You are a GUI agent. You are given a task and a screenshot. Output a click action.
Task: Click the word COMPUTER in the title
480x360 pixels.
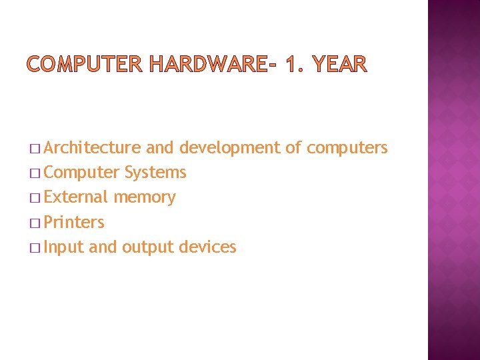point(85,64)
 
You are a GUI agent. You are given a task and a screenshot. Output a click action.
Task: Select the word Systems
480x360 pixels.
point(155,173)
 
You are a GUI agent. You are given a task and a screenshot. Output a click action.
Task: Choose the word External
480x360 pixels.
point(75,197)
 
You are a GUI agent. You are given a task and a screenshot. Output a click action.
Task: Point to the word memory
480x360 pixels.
point(145,197)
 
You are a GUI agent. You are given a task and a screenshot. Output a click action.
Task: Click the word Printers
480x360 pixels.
point(74,222)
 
